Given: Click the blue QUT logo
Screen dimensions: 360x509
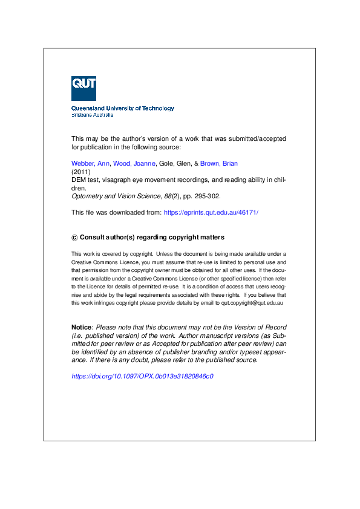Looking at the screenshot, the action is pyautogui.click(x=83, y=88).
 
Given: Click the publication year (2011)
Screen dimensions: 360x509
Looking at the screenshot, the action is pyautogui.click(x=80, y=172).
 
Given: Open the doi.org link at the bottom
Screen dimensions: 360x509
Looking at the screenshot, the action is pyautogui.click(x=142, y=376).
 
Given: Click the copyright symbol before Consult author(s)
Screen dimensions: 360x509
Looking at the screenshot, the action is pyautogui.click(x=74, y=238).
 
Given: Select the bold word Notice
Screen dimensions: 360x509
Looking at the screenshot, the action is pyautogui.click(x=81, y=327).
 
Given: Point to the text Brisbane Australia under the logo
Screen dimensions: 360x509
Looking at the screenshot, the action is pyautogui.click(x=93, y=114).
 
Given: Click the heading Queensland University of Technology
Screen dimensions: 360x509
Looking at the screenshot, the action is pyautogui.click(x=123, y=108).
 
